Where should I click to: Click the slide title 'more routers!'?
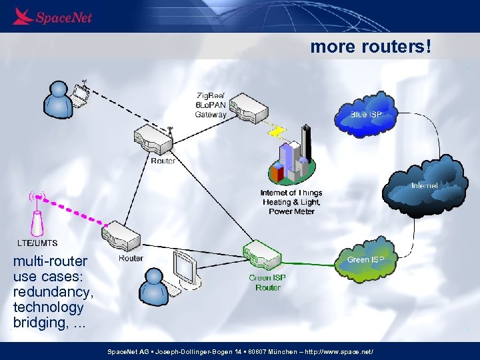click(x=371, y=47)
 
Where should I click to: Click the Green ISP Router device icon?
click(x=263, y=257)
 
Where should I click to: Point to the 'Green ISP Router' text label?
click(x=267, y=283)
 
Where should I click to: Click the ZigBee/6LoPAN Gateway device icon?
click(x=247, y=107)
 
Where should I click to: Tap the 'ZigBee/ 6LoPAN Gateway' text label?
click(x=211, y=104)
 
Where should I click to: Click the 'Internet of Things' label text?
click(x=291, y=193)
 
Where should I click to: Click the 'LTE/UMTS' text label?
click(x=37, y=243)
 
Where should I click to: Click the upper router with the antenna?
click(x=154, y=139)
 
